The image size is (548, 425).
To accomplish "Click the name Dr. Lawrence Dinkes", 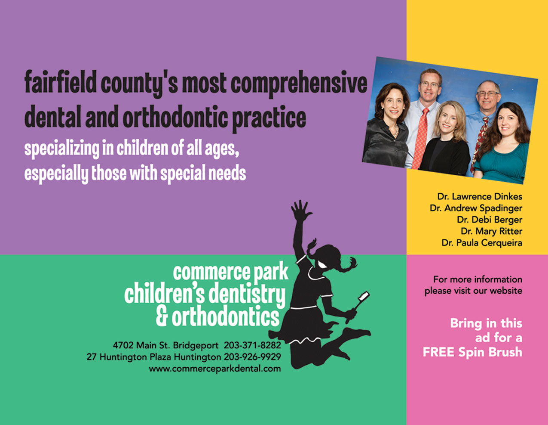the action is (480, 196).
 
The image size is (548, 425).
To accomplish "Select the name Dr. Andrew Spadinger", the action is (476, 208).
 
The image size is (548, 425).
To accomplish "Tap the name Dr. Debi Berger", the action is (490, 220).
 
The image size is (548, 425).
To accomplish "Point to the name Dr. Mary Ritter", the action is (492, 231).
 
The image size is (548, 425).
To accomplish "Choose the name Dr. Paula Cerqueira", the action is (482, 243).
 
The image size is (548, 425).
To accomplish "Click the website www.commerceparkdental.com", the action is (214, 369).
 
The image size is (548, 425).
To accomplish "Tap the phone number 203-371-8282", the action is (252, 345).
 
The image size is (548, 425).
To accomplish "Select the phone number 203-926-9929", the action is (252, 357).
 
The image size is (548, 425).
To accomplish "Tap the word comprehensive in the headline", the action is (299, 84).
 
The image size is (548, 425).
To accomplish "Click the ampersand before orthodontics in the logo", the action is (162, 316).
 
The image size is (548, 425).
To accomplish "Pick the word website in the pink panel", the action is (506, 291).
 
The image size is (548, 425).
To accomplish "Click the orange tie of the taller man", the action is (420, 138).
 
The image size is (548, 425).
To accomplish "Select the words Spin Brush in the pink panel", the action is (490, 352).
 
